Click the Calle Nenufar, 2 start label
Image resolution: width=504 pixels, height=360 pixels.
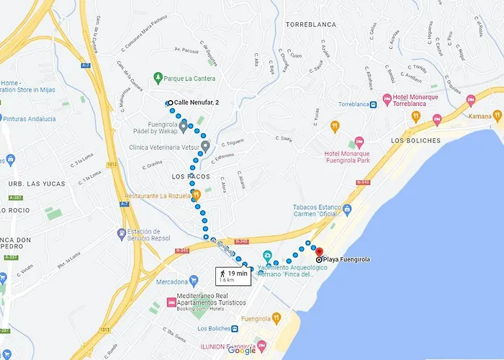pos(197,102)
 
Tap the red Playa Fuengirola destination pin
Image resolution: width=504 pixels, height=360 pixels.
pos(318,252)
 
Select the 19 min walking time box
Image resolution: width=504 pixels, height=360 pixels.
pos(233,275)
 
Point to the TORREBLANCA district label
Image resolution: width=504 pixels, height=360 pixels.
pos(310,24)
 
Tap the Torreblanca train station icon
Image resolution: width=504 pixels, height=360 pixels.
pos(374,104)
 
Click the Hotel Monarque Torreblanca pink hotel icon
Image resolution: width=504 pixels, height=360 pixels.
pos(387,98)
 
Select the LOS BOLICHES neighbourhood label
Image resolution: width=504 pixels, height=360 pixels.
pos(415,140)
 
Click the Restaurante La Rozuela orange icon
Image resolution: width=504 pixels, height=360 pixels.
pos(197,195)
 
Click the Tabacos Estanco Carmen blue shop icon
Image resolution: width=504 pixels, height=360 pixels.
pos(347,211)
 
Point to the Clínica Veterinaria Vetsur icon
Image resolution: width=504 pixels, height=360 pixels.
pos(205,146)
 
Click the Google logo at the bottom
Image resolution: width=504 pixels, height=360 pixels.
pos(241,351)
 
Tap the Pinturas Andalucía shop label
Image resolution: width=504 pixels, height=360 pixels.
pos(30,118)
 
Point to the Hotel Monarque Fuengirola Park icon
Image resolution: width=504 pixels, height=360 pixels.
pos(351,144)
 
